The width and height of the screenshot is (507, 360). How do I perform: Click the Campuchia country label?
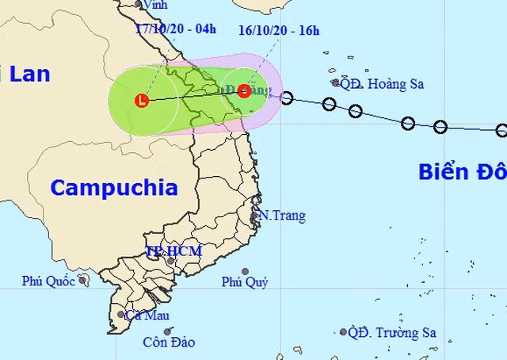pyautogui.click(x=113, y=188)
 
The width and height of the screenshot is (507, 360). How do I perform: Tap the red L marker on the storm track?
pyautogui.click(x=142, y=101)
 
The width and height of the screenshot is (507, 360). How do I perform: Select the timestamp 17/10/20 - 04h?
pyautogui.click(x=176, y=29)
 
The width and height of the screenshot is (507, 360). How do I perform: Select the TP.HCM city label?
pyautogui.click(x=173, y=251)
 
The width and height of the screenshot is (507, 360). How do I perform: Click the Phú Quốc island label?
pyautogui.click(x=48, y=280)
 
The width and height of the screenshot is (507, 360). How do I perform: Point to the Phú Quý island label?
pyautogui.click(x=245, y=282)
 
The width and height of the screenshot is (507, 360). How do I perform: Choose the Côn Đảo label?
pyautogui.click(x=169, y=343)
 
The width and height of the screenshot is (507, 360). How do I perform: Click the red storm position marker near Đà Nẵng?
pyautogui.click(x=244, y=90)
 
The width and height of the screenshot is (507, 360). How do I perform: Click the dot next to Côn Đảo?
pyautogui.click(x=167, y=331)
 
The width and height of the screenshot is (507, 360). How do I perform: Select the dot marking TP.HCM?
pyautogui.click(x=170, y=260)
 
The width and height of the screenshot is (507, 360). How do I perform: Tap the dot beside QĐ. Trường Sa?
pyautogui.click(x=343, y=332)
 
